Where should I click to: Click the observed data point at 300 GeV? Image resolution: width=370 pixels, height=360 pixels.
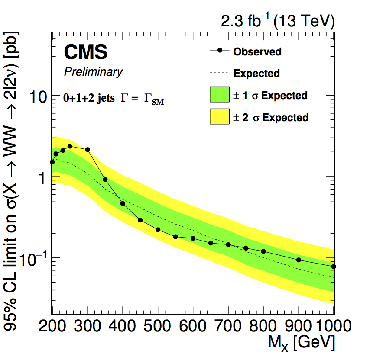[x=88, y=150]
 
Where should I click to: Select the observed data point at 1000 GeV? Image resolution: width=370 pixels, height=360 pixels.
[x=333, y=267]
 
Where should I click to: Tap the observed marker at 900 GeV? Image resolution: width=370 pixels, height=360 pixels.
[x=299, y=260]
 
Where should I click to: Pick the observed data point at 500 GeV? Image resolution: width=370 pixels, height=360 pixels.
[x=158, y=230]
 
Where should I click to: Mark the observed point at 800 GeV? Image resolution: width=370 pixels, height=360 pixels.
[x=263, y=251]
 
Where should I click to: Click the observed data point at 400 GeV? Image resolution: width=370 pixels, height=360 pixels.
[x=123, y=203]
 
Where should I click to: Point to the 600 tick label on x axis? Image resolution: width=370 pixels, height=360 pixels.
[x=193, y=325]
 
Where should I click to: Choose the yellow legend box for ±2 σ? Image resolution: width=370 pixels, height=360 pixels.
[x=219, y=117]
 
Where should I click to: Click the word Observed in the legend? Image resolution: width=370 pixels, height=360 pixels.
[x=257, y=52]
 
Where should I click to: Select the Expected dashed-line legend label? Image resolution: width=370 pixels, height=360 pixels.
[x=256, y=74]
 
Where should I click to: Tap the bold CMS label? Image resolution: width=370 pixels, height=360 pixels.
[x=85, y=53]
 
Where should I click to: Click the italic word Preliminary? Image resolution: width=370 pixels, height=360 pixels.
[x=93, y=72]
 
